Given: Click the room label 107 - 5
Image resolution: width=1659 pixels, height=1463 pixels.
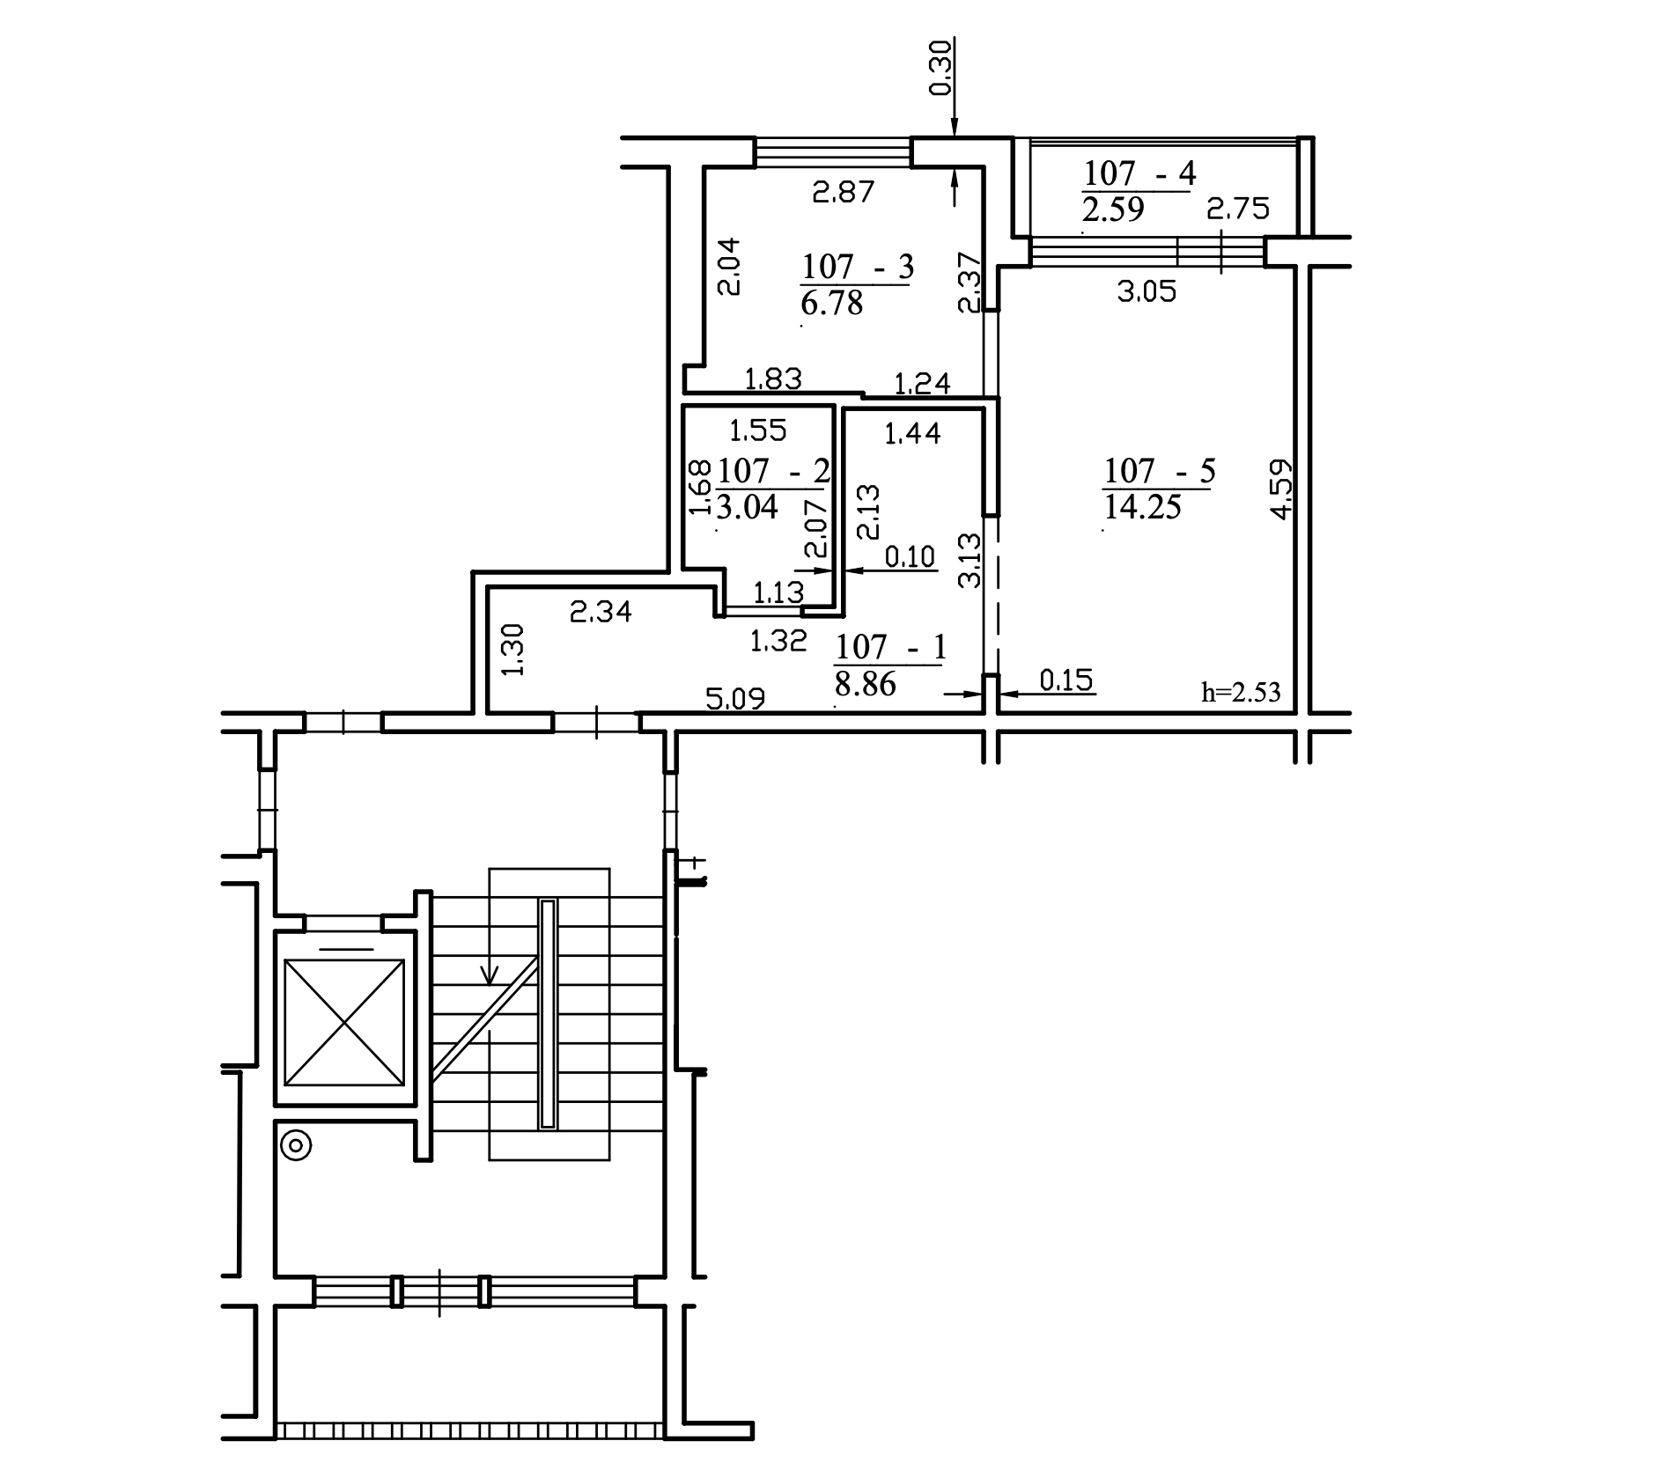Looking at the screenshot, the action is coord(1159,472).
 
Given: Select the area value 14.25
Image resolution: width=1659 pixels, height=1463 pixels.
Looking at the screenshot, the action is coord(1142,508).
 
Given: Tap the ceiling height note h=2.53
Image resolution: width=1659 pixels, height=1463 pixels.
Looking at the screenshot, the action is coord(1241,692).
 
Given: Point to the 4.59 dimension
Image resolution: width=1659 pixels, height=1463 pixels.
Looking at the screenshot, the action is coord(1282,489).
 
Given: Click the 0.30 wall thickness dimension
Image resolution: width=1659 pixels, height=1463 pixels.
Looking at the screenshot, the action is coord(940,68).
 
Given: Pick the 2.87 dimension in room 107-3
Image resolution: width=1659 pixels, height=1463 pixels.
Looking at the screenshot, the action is coord(844,192).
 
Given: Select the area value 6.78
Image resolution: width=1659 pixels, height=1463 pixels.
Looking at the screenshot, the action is coord(832,303).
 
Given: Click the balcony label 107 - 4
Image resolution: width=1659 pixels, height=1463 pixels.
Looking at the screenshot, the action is coord(1139,173).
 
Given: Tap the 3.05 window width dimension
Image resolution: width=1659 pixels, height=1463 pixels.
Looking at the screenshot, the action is coord(1147,291).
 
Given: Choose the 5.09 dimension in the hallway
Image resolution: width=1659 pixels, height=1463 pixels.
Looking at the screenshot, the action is coord(735,699).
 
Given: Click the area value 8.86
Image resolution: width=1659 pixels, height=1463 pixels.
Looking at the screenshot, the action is coord(865,684).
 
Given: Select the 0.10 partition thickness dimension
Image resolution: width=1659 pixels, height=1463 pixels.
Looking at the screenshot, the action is coord(910,557).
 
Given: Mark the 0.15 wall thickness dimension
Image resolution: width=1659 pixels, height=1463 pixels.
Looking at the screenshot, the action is coord(1067,680).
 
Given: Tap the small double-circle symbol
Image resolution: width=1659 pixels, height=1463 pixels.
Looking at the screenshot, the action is coord(296,1146).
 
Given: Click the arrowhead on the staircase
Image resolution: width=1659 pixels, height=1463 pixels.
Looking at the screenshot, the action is coord(490,974).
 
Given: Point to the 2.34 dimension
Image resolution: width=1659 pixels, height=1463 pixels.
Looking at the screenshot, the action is coord(601,611).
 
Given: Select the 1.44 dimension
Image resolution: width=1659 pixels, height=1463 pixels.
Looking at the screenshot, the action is coord(912,432).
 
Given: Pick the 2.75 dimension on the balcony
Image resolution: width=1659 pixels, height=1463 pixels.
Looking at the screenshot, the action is coord(1238,209).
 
